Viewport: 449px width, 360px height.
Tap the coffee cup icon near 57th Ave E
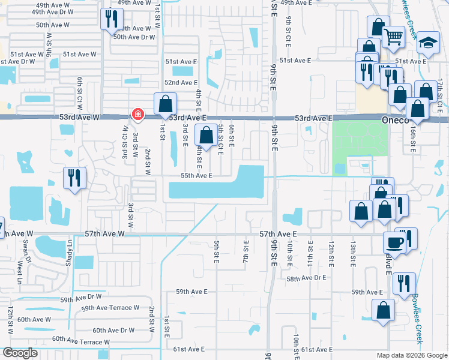point(394,242)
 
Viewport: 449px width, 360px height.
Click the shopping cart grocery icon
point(393,37)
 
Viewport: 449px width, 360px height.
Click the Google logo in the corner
point(20,353)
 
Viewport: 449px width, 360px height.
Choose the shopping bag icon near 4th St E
point(206,135)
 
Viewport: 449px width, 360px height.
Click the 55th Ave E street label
point(196,175)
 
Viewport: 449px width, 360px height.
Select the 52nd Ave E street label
point(181,82)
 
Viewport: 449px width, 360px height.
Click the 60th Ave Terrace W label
point(80,340)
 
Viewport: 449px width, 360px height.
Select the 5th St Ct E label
point(221,139)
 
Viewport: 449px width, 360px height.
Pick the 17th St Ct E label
point(439,93)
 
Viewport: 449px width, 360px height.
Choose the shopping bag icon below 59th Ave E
point(382,311)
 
